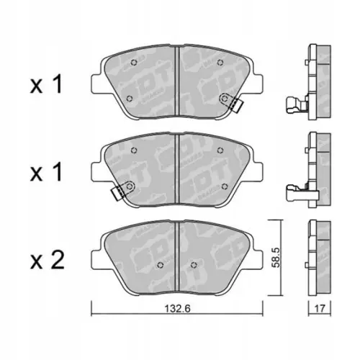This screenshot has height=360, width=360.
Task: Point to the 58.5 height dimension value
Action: click(276, 257)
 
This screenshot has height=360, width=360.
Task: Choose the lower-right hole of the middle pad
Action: click(226, 186)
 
